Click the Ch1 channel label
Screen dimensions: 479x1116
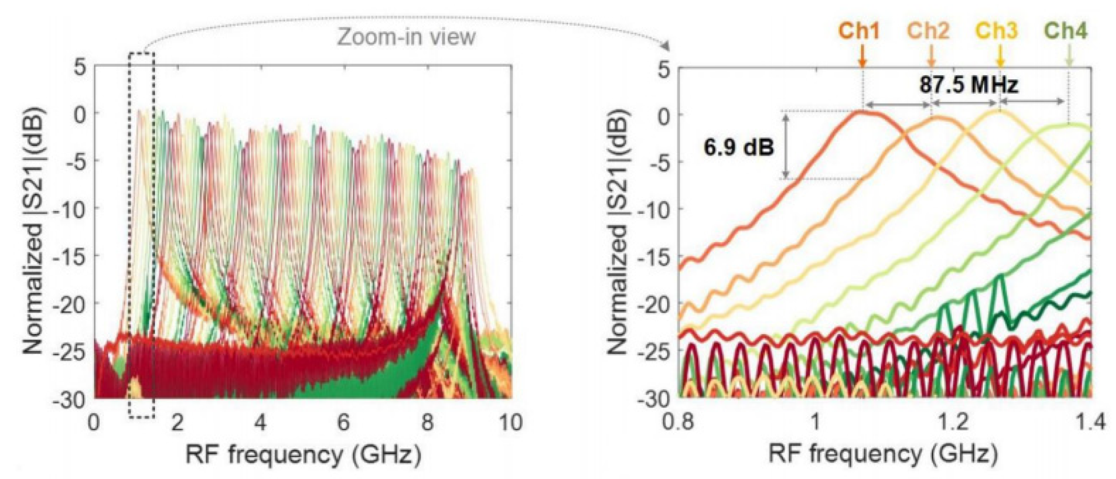[x=859, y=31]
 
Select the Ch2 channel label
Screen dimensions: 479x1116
[x=928, y=31]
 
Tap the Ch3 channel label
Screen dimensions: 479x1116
[x=997, y=31]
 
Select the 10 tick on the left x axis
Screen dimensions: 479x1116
[x=511, y=423]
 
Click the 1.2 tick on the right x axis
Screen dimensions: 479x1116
[x=953, y=423]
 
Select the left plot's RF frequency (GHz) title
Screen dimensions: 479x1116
[x=303, y=455]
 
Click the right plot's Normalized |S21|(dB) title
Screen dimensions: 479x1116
[x=618, y=231]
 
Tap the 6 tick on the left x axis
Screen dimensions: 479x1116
[x=343, y=423]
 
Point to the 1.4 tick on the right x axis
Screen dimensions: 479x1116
[x=1091, y=423]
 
